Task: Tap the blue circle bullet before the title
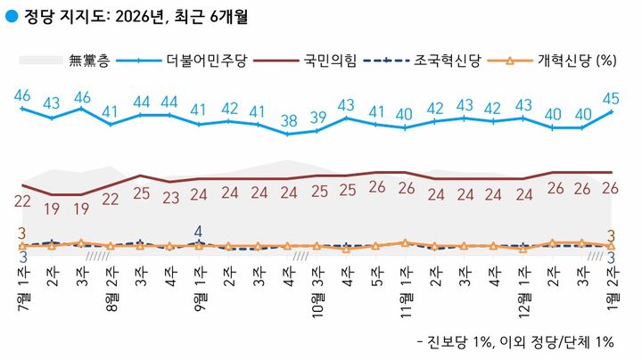pyautogui.click(x=11, y=16)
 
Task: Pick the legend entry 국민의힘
pyautogui.click(x=329, y=61)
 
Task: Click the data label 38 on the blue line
pyautogui.click(x=288, y=120)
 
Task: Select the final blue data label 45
pyautogui.click(x=612, y=97)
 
